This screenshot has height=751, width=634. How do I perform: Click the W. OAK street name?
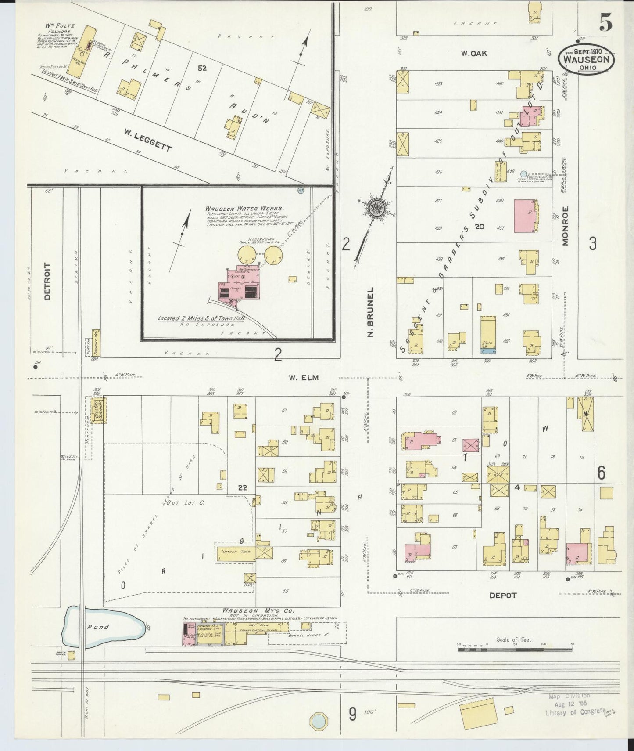pyautogui.click(x=471, y=54)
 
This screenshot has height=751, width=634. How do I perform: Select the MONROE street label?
pyautogui.click(x=566, y=225)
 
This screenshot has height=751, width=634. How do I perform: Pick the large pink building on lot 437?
pyautogui.click(x=525, y=216)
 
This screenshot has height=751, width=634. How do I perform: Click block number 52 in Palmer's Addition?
pyautogui.click(x=202, y=69)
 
